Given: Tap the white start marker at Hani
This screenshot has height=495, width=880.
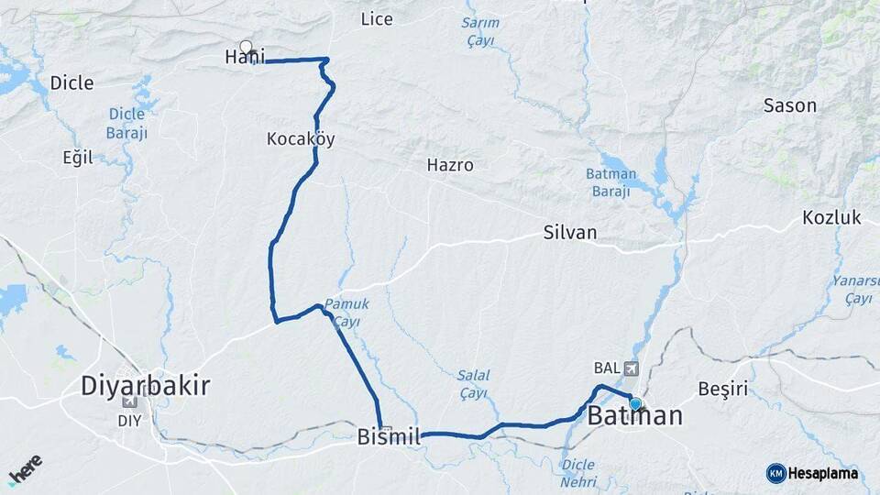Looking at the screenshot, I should [246, 47].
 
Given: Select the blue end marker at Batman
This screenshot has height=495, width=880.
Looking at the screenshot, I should [635, 403].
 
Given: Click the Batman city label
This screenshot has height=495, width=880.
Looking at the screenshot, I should [634, 416].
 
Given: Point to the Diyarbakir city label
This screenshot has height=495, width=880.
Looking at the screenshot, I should [146, 386].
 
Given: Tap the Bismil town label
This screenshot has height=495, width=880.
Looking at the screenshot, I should [389, 439].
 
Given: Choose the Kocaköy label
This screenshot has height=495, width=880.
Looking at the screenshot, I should [301, 140].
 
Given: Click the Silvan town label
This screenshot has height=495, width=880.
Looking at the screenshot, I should [569, 233].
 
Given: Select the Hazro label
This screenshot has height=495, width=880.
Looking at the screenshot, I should [450, 166].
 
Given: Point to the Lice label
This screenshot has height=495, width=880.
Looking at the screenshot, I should [377, 19].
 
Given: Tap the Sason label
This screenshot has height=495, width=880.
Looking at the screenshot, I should [789, 105].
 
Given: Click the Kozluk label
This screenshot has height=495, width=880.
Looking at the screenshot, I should [831, 218].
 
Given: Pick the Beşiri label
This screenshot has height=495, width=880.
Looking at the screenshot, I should [723, 389].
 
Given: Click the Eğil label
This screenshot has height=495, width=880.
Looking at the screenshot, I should [78, 158].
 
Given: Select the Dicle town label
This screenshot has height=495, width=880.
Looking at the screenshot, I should [71, 83].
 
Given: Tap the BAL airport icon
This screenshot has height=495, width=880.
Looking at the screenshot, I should [631, 368].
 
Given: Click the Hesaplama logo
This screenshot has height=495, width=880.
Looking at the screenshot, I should [812, 473].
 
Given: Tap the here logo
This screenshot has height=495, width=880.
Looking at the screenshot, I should [27, 468].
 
